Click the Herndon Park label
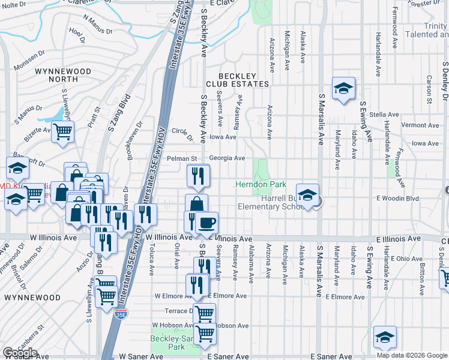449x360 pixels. [261, 185]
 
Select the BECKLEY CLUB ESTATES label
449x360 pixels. [237, 80]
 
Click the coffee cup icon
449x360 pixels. [207, 223]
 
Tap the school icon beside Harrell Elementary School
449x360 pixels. [307, 195]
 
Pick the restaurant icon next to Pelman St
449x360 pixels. [197, 176]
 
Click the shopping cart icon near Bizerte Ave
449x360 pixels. [62, 131]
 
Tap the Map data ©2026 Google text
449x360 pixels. [411, 355]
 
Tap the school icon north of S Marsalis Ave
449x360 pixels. [343, 88]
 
